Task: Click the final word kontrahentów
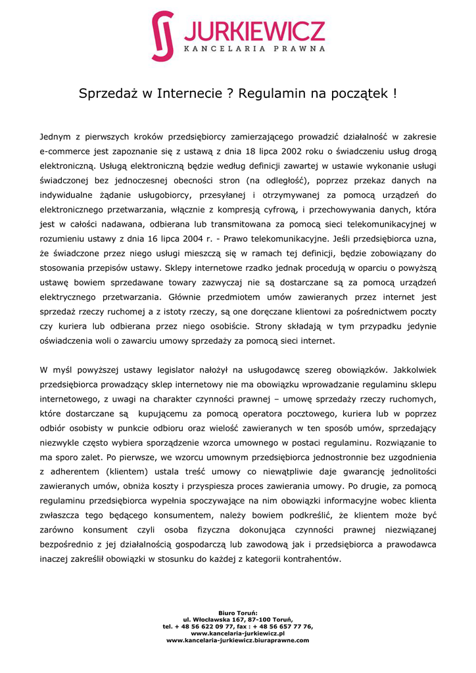click(x=310, y=559)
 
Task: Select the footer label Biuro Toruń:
click(x=237, y=613)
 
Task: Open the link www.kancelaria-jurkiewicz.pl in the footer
click(x=237, y=633)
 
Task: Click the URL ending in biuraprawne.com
click(x=237, y=639)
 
